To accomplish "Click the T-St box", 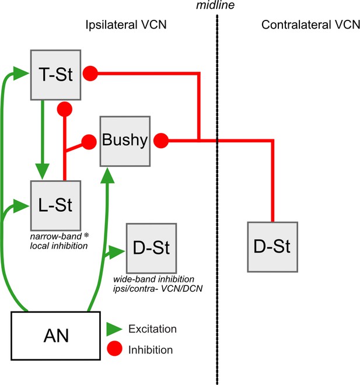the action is pos(56,75).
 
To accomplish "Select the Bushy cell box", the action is pos(125,141).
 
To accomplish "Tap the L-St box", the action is pos(56,205).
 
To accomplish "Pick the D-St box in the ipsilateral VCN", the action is pos(151,248).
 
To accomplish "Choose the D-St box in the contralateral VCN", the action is pos(272,247).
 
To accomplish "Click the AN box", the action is pos(56,335).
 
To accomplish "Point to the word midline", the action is pos(215,5).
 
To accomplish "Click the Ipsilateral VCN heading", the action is pos(126,25).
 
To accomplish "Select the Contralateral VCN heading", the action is pos(310,25).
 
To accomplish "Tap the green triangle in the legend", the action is pos(114,329).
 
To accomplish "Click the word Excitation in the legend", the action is pos(152,329).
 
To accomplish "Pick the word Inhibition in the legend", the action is pos(151,349).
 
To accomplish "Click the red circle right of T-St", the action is pos(90,73).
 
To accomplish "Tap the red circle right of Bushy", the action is pos(161,141).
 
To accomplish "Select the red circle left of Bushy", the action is pos(89,142).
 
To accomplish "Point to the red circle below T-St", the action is pos(65,109).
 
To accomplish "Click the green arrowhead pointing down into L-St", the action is pos(43,171).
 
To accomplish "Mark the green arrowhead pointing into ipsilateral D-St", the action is pos(117,251).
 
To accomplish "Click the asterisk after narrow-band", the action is pos(86,235).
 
